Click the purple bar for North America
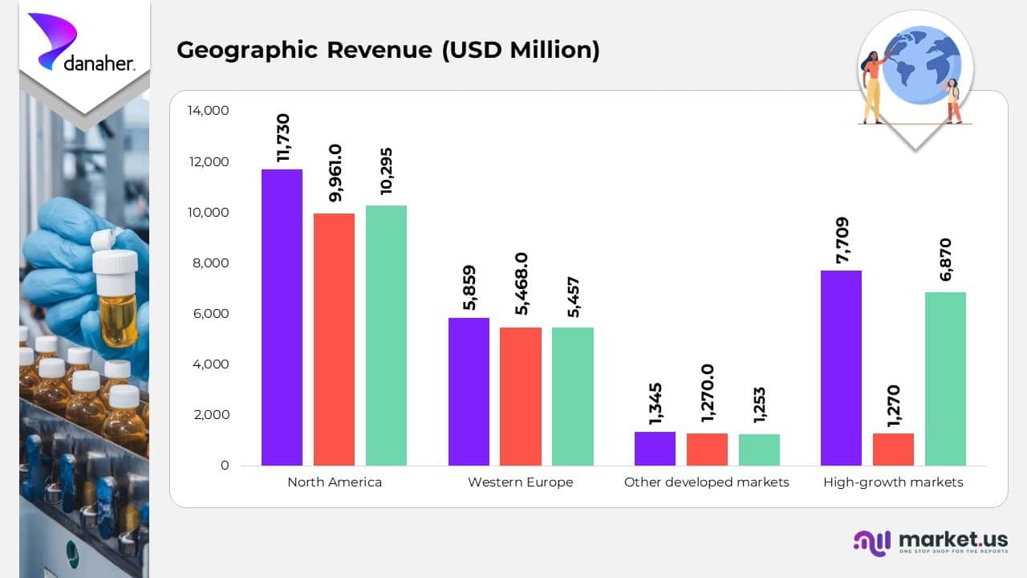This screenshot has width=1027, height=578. (282, 317)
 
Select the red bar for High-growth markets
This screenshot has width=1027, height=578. (893, 450)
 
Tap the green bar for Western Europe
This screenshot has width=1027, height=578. (572, 397)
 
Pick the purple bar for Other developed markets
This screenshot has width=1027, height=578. (655, 449)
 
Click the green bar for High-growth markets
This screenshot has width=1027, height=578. (945, 379)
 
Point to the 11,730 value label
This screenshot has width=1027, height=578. (282, 138)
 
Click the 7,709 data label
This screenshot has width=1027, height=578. (842, 240)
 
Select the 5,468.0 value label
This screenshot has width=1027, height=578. (521, 283)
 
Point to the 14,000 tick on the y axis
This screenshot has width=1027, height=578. (208, 111)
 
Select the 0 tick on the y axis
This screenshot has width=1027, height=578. (225, 466)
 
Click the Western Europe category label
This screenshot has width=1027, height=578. (520, 482)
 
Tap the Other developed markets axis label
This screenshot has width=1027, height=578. (706, 482)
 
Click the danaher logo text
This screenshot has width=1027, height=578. (99, 63)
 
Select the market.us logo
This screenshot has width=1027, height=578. (930, 542)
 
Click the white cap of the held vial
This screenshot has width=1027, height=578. (115, 261)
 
